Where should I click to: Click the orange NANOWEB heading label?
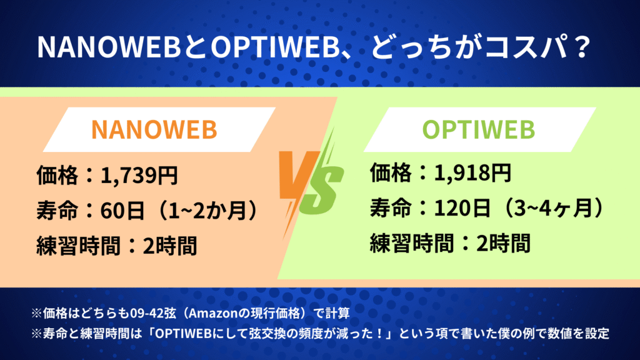click(x=154, y=129)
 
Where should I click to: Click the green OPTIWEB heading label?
click(x=478, y=129)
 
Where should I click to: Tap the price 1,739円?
click(x=139, y=176)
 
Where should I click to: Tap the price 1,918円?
click(x=472, y=172)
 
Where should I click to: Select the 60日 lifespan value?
click(x=122, y=211)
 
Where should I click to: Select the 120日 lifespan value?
click(x=462, y=207)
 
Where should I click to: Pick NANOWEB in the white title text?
click(x=109, y=47)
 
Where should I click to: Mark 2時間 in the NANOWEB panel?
click(x=170, y=246)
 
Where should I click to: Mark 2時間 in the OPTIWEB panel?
click(x=503, y=243)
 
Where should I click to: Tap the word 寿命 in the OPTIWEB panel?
click(x=391, y=207)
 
